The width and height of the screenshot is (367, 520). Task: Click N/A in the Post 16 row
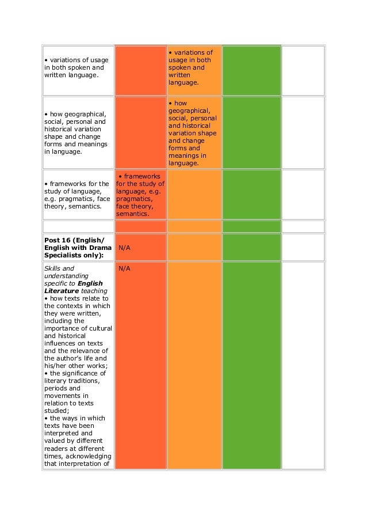pyautogui.click(x=124, y=247)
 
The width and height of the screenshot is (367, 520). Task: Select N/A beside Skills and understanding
pyautogui.click(x=124, y=268)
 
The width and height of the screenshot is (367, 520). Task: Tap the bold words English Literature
pyautogui.click(x=74, y=287)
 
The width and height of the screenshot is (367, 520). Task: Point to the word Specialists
pyautogui.click(x=64, y=255)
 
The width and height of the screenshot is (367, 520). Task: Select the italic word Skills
pyautogui.click(x=52, y=268)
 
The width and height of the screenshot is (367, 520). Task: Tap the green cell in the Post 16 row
pyautogui.click(x=251, y=247)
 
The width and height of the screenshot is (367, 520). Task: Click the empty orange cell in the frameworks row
pyautogui.click(x=194, y=195)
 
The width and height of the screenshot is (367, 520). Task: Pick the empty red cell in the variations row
pyautogui.click(x=140, y=70)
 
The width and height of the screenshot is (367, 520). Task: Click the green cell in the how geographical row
pyautogui.click(x=251, y=132)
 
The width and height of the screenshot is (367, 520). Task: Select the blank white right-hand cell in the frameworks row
pyautogui.click(x=303, y=195)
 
